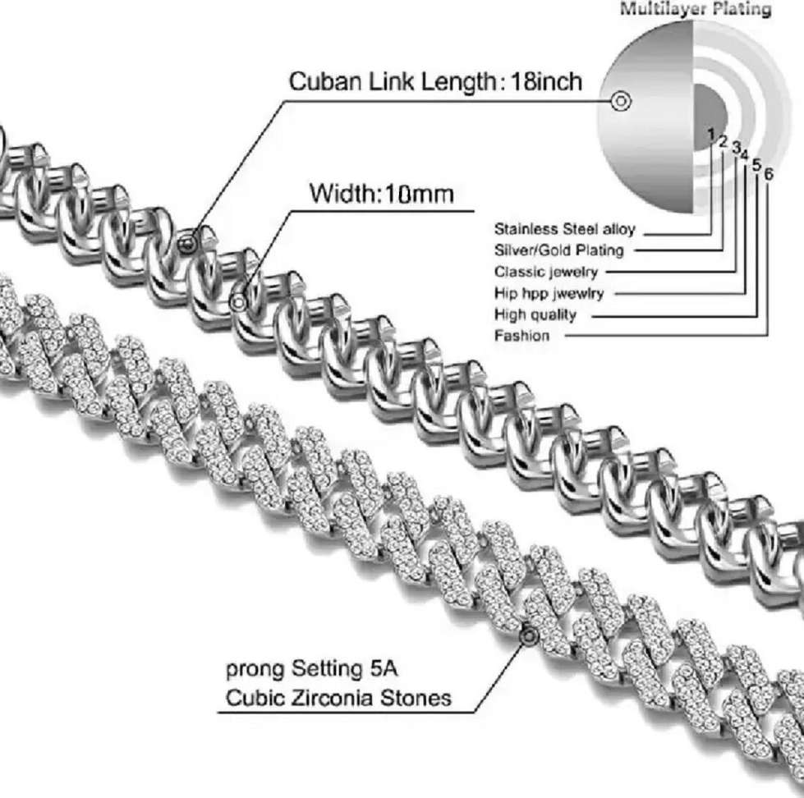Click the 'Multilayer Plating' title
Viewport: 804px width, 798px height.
tap(695, 10)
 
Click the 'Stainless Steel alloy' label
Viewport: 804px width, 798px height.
tap(564, 229)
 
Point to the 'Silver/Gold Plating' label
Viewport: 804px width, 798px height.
tap(558, 250)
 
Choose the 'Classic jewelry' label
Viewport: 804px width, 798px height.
tap(545, 272)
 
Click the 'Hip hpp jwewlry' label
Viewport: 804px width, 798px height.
tap(549, 293)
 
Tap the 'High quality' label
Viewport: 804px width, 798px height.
tap(535, 314)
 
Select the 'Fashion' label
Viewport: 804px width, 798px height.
tap(521, 336)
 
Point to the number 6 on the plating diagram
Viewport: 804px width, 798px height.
tap(768, 174)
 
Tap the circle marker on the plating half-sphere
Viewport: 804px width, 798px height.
tap(621, 102)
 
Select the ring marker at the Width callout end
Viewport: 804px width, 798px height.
tap(239, 301)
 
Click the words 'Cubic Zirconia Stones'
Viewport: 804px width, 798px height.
tap(338, 698)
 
